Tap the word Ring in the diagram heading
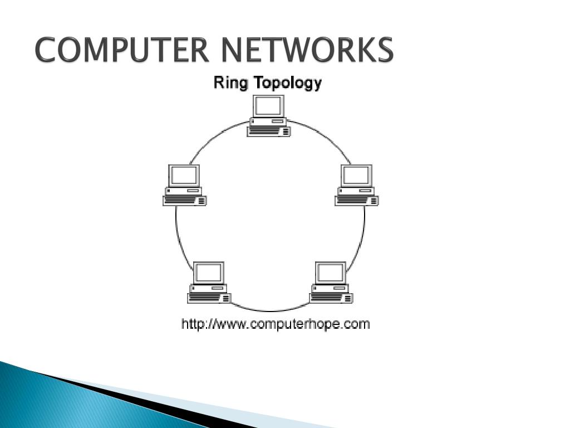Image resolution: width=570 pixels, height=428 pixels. click(x=232, y=83)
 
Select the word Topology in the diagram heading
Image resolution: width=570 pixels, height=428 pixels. click(x=287, y=84)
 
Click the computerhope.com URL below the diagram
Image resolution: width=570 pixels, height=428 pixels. click(x=276, y=324)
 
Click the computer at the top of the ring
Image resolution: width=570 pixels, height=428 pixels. click(x=269, y=116)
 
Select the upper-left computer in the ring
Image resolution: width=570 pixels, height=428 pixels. click(x=185, y=185)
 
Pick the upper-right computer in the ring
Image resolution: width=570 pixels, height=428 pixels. click(x=357, y=185)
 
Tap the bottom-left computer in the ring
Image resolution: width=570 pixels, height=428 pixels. click(x=209, y=283)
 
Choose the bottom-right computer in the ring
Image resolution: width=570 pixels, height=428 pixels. click(x=331, y=283)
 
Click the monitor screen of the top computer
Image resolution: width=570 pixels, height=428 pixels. click(x=269, y=106)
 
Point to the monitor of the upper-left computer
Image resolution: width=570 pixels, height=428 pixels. click(x=184, y=175)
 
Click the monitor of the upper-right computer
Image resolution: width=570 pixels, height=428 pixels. click(x=356, y=175)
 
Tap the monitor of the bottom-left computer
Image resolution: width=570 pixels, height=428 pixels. click(x=209, y=273)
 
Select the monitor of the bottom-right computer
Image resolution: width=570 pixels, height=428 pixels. click(x=331, y=273)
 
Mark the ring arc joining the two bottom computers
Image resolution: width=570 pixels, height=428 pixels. click(x=270, y=311)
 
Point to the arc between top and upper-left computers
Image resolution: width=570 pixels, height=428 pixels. click(x=214, y=138)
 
